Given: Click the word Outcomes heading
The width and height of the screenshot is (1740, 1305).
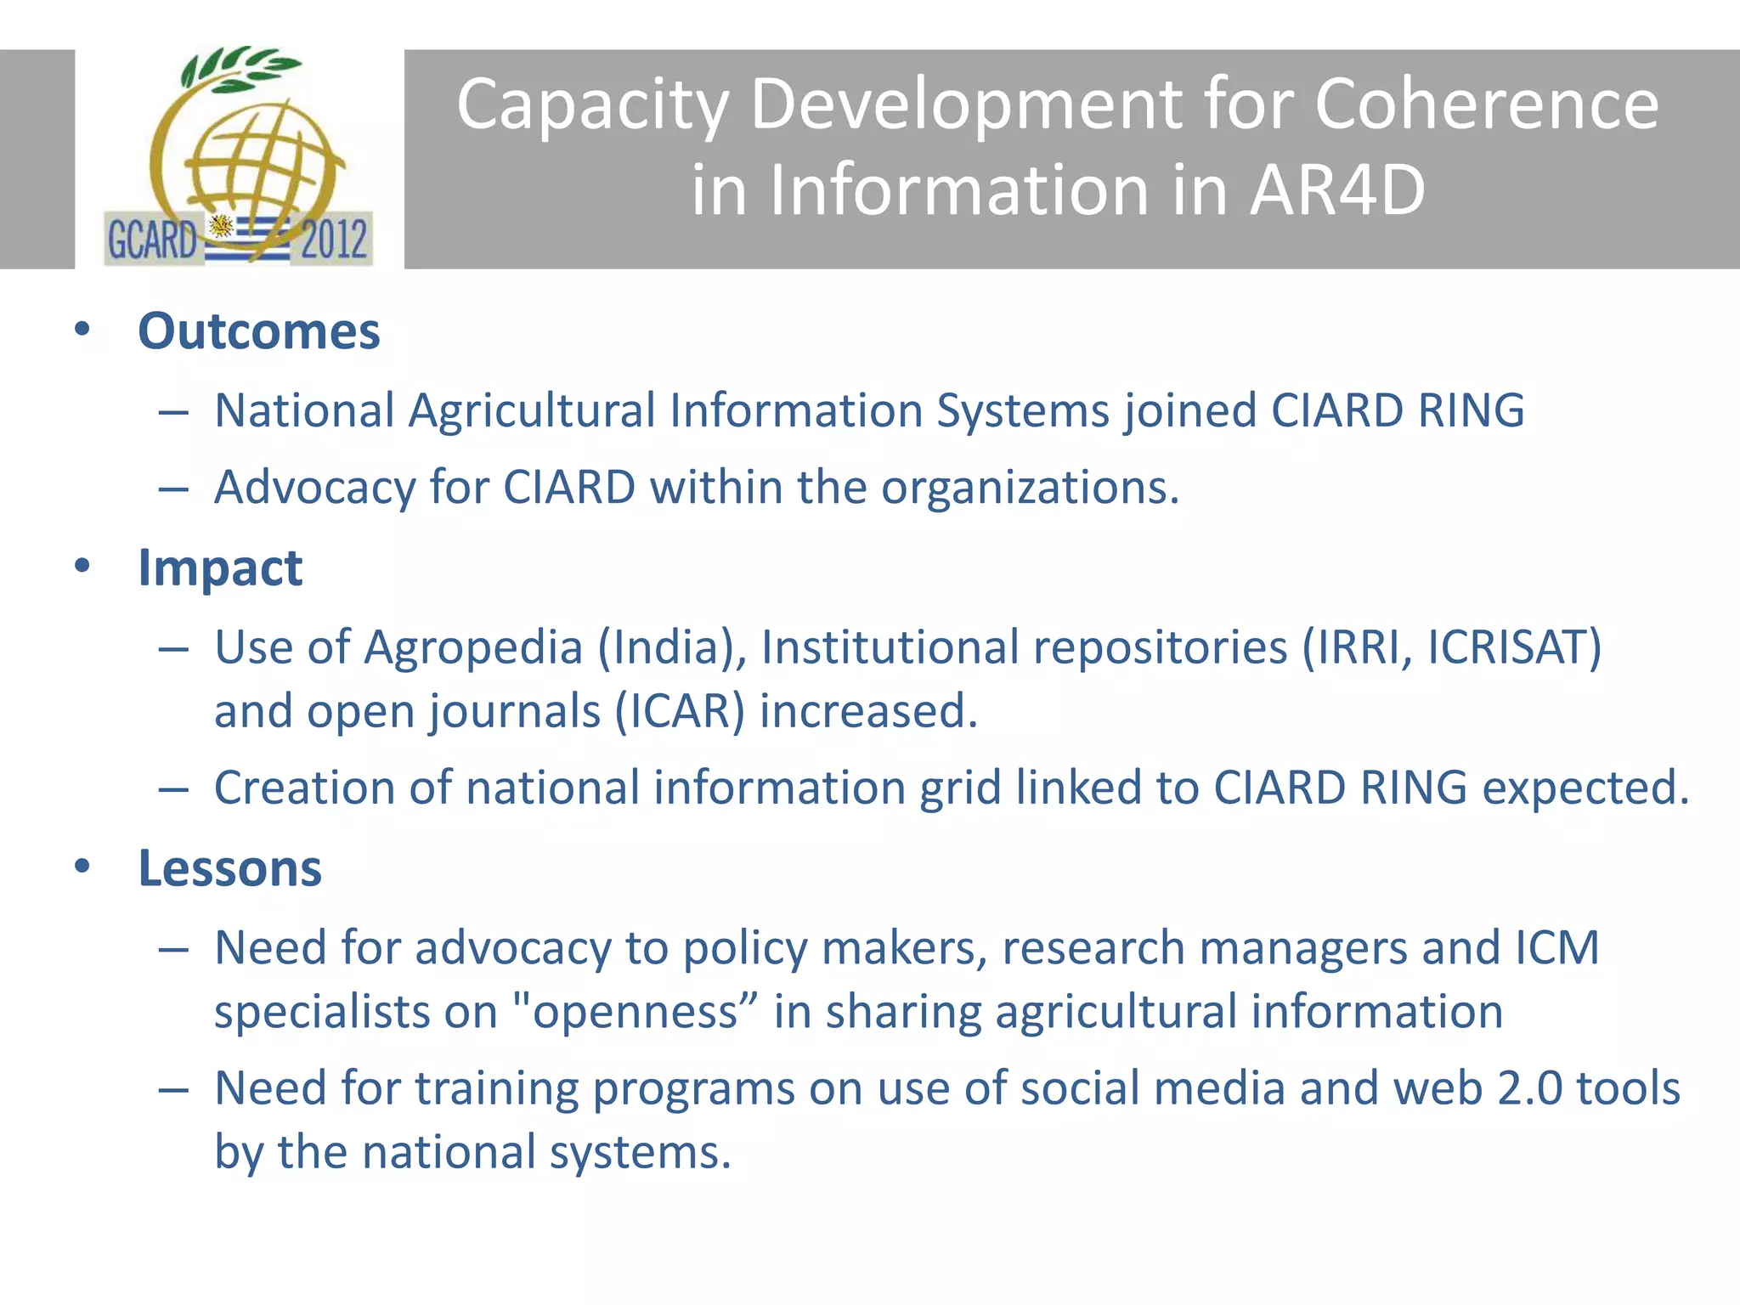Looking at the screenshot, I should [x=258, y=331].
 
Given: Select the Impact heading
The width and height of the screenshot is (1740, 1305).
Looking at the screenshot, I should [x=220, y=568].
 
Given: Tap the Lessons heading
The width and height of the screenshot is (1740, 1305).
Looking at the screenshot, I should [x=229, y=868].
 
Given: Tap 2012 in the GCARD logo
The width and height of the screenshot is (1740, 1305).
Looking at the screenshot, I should [x=333, y=240].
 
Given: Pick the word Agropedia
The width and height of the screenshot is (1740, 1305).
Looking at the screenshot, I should [x=472, y=647].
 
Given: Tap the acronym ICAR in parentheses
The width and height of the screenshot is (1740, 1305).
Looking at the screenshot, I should [x=680, y=712].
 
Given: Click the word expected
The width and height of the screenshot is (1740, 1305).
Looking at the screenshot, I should [x=1585, y=788].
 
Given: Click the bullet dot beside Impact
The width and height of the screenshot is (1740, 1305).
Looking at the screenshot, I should [x=82, y=566].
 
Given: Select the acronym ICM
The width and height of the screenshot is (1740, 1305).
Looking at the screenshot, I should [x=1556, y=948].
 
